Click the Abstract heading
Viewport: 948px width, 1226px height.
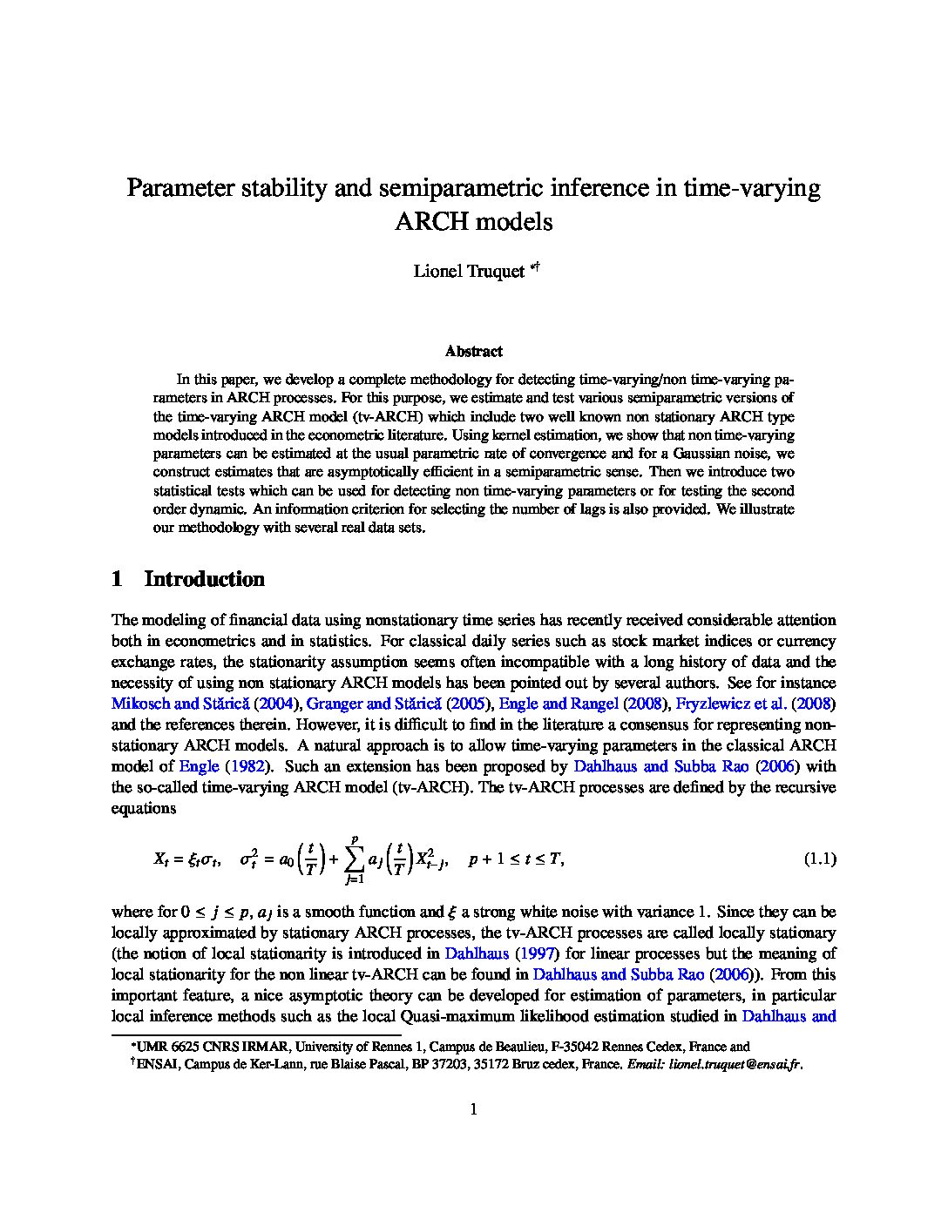[x=473, y=352]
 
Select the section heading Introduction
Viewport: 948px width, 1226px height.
[x=204, y=579]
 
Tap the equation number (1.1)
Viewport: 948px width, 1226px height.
[x=819, y=859]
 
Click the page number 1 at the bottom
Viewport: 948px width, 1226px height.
[x=474, y=1109]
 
